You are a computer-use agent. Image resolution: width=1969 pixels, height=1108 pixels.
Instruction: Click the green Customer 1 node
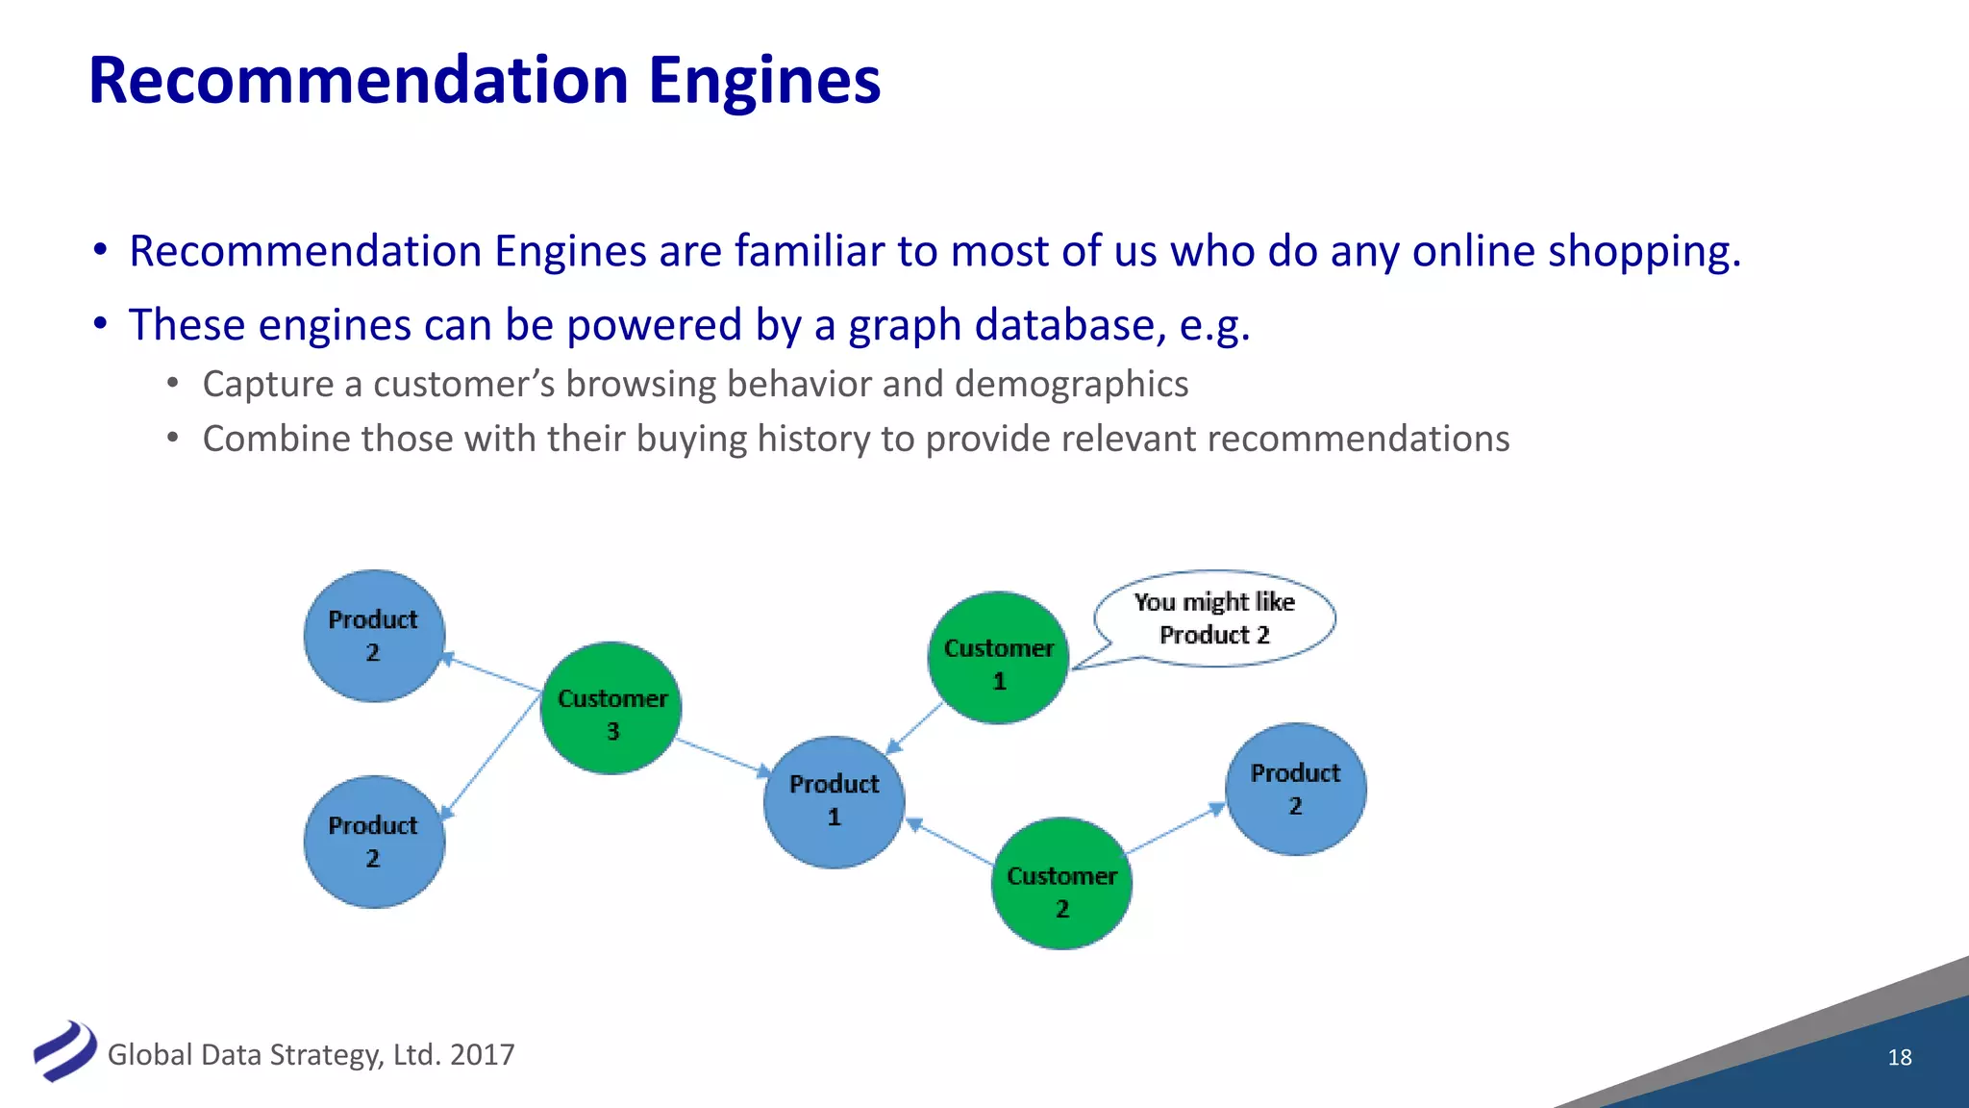(999, 659)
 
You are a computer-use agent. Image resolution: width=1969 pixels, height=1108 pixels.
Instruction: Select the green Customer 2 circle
(1061, 884)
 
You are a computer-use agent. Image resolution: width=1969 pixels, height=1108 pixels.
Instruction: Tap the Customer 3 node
(611, 709)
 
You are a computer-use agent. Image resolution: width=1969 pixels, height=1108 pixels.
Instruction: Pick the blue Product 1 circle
(834, 802)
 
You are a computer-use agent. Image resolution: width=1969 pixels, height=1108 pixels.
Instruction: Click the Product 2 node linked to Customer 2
(1295, 790)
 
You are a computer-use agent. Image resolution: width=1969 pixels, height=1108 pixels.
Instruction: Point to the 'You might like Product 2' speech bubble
(1214, 618)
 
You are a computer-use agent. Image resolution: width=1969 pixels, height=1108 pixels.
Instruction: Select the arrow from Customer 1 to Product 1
(913, 728)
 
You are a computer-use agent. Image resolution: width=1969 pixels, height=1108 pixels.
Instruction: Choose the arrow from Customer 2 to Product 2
(1175, 829)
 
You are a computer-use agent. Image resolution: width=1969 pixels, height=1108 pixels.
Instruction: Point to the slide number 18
(1899, 1057)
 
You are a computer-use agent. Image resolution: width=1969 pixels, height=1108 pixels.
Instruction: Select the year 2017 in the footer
(482, 1055)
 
